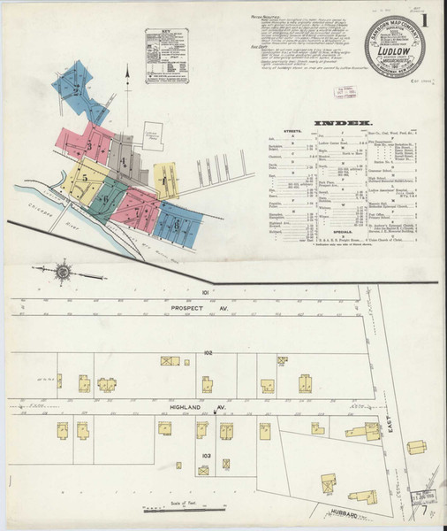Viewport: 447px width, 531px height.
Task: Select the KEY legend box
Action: (167, 57)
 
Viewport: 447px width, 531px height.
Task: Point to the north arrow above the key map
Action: (128, 85)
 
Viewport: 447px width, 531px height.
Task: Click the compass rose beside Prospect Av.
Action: (64, 269)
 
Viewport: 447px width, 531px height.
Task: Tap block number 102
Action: (208, 352)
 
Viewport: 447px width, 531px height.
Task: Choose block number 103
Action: (206, 455)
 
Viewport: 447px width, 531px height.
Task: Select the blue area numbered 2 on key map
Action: (78, 88)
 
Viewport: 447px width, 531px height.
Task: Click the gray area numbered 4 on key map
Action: (125, 160)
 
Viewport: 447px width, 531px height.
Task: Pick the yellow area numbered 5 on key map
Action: (84, 179)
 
